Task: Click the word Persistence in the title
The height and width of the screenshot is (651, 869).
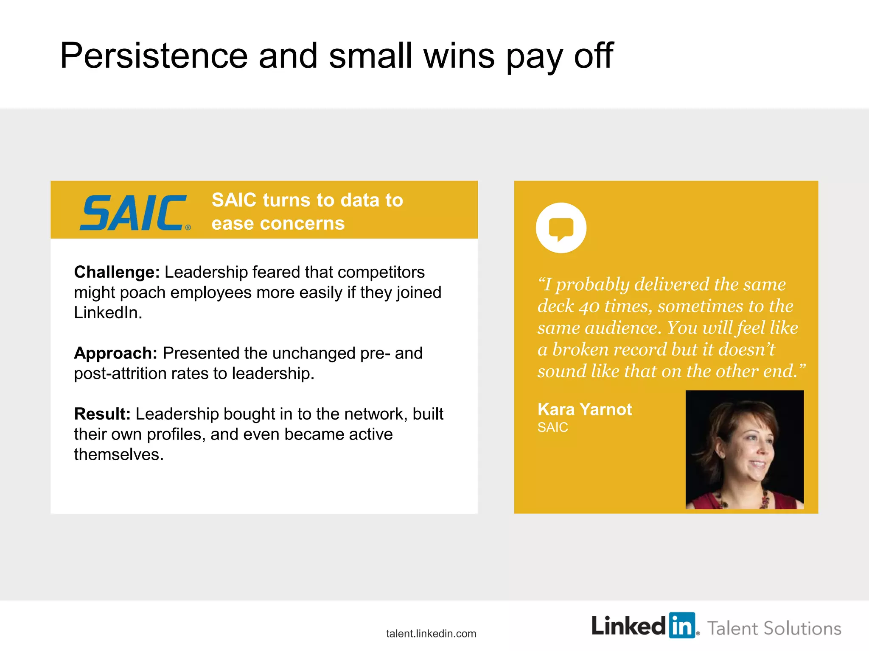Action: (x=154, y=56)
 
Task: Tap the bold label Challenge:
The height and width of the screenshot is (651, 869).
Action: (x=117, y=272)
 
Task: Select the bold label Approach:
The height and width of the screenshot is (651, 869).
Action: (x=115, y=353)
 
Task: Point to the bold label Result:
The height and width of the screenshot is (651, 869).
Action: (x=102, y=414)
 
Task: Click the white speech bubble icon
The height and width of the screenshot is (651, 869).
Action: (x=561, y=228)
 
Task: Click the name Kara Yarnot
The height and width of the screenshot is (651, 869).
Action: (x=584, y=409)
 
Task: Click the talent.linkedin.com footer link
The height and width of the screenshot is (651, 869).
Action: (x=431, y=634)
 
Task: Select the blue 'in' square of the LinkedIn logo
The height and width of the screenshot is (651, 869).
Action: (x=682, y=625)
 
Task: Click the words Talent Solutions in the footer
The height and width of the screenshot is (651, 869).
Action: (x=774, y=629)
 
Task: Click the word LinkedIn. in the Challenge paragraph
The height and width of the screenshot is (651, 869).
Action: (x=108, y=313)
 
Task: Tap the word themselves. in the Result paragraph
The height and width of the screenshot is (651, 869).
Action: (x=119, y=455)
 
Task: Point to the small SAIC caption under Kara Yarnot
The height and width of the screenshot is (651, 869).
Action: (x=552, y=427)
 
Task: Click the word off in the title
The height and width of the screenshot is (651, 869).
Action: (x=594, y=56)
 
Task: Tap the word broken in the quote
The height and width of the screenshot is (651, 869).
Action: (x=580, y=350)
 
